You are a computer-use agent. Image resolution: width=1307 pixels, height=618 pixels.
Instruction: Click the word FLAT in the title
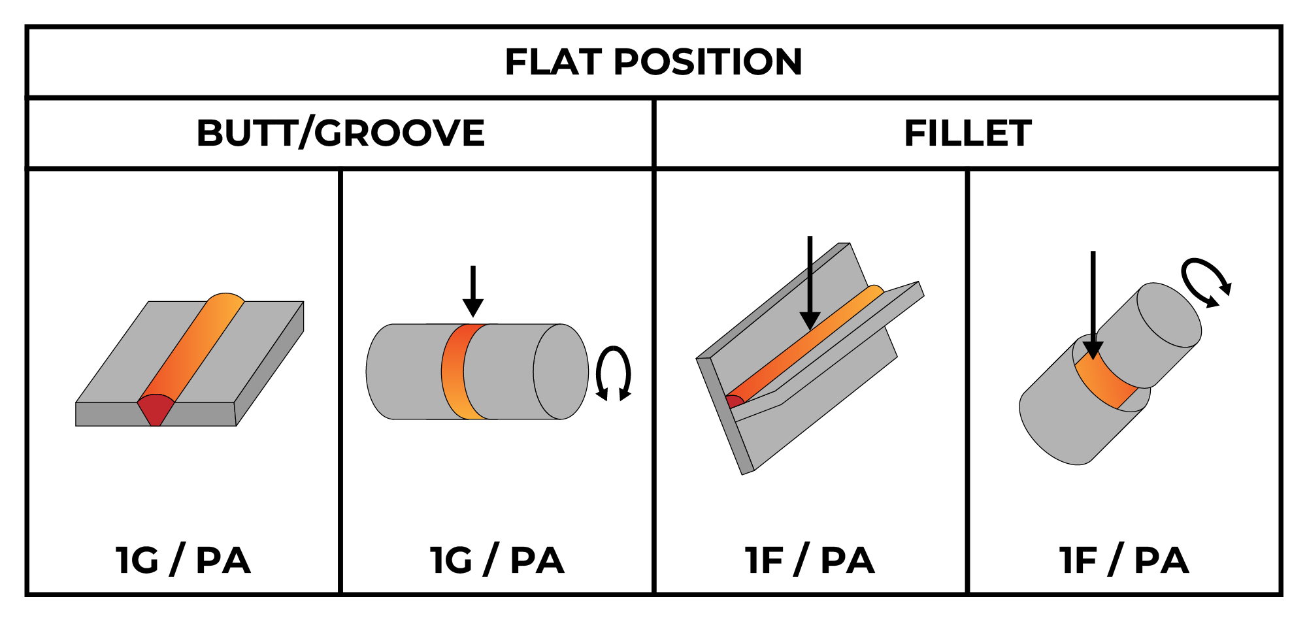553,63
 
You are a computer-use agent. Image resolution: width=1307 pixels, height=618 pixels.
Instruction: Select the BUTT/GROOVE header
340,133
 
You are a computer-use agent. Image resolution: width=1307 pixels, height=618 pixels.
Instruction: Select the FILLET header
967,133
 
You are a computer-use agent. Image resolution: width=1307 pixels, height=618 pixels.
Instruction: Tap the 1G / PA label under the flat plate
183,561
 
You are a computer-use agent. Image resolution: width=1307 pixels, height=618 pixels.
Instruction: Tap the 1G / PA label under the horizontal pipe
497,561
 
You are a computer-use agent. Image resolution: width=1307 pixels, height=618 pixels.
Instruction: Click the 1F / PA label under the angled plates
810,561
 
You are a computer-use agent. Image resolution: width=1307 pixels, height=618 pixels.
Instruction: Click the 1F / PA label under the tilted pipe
1123,561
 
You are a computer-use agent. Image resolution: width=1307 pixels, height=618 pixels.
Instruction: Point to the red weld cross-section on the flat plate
156,409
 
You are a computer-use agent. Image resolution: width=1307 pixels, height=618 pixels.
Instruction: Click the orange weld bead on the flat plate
193,346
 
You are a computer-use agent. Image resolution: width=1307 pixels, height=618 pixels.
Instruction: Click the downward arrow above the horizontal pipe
472,291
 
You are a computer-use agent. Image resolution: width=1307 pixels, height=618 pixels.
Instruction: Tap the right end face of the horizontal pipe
561,371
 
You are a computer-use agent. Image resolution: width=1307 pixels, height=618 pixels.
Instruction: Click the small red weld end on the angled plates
735,400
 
